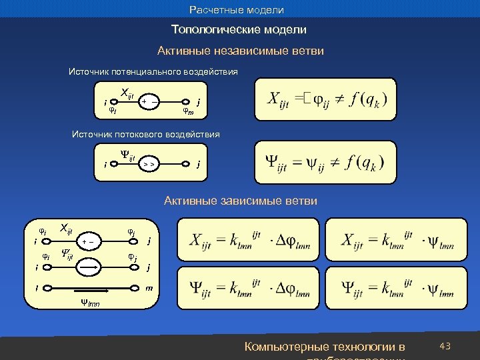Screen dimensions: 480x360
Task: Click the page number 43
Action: click(x=446, y=346)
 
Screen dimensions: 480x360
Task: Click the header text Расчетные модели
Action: click(x=237, y=10)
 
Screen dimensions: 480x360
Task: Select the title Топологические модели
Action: click(x=239, y=30)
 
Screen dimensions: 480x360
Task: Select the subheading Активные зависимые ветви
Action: click(x=241, y=201)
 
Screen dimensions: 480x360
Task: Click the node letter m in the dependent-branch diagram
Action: click(x=150, y=288)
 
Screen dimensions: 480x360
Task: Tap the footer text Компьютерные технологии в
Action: click(x=325, y=347)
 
